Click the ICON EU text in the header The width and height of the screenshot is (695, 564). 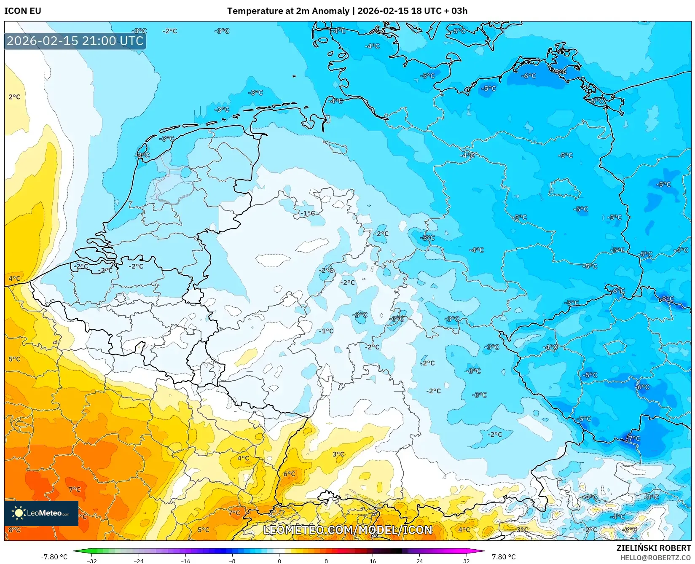pos(23,11)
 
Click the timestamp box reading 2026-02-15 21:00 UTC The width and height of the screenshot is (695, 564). pos(75,41)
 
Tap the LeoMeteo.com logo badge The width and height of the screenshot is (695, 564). pos(41,513)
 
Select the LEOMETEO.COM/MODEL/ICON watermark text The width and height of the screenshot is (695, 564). pos(348,530)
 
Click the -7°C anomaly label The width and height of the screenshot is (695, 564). pos(633,438)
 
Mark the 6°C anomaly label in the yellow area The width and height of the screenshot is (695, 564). pos(289,474)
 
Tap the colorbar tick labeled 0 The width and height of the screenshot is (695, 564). pos(279,561)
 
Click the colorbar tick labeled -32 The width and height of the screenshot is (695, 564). pos(92,561)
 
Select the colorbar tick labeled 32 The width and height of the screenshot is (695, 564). pos(466,561)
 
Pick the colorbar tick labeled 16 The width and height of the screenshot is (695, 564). pos(373,561)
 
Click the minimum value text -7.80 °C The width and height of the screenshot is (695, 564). pos(54,557)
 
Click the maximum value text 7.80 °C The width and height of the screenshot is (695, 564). pos(504,557)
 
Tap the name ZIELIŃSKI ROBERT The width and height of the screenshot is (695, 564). pos(654,548)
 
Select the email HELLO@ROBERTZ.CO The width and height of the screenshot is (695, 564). pos(655,558)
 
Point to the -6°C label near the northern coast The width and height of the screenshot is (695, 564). pos(529,76)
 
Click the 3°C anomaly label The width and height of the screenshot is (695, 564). pos(338,454)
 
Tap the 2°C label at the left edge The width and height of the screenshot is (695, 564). pos(14,97)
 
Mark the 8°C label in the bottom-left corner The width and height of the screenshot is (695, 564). pos(14,529)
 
